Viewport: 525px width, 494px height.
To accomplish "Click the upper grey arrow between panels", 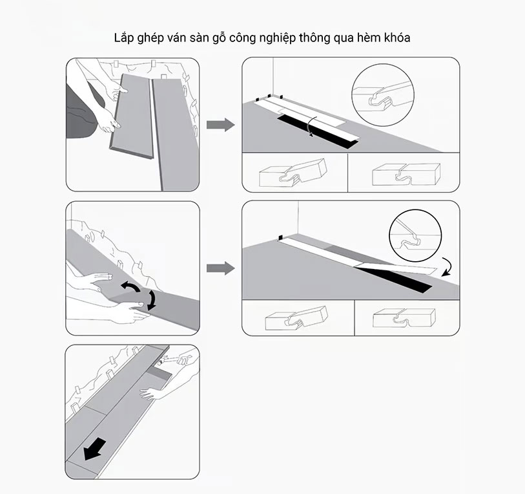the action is [220, 125].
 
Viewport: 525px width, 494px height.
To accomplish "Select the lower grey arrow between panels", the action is [220, 268].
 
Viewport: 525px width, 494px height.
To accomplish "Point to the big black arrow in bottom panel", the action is [95, 449].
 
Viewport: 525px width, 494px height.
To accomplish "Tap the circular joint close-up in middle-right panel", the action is [415, 235].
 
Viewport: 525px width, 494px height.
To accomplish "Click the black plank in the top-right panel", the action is [318, 132].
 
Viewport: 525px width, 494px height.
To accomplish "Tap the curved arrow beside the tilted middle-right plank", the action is [448, 267].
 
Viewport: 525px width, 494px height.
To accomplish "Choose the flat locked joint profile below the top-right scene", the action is [406, 174].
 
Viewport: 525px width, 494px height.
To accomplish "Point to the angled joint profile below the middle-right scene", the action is [296, 318].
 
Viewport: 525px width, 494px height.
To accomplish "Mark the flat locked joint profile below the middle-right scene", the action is [404, 317].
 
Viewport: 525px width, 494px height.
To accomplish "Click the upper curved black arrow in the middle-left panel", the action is [131, 286].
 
